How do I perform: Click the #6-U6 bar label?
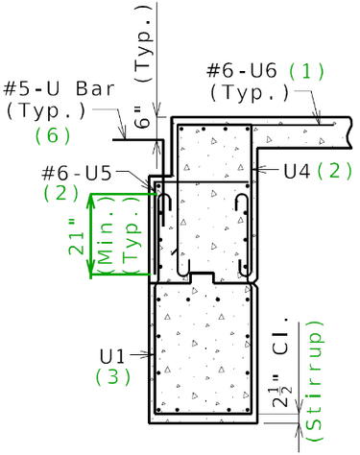click(x=242, y=71)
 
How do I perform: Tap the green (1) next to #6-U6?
click(x=306, y=71)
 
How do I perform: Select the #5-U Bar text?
click(x=59, y=88)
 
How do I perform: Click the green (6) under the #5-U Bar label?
click(x=53, y=135)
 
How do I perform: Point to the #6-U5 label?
click(x=77, y=173)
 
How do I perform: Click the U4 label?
click(x=297, y=171)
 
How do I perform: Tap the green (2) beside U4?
click(x=334, y=171)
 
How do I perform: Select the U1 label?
click(x=111, y=356)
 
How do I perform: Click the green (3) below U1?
click(x=113, y=376)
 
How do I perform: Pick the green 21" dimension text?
click(x=76, y=237)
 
